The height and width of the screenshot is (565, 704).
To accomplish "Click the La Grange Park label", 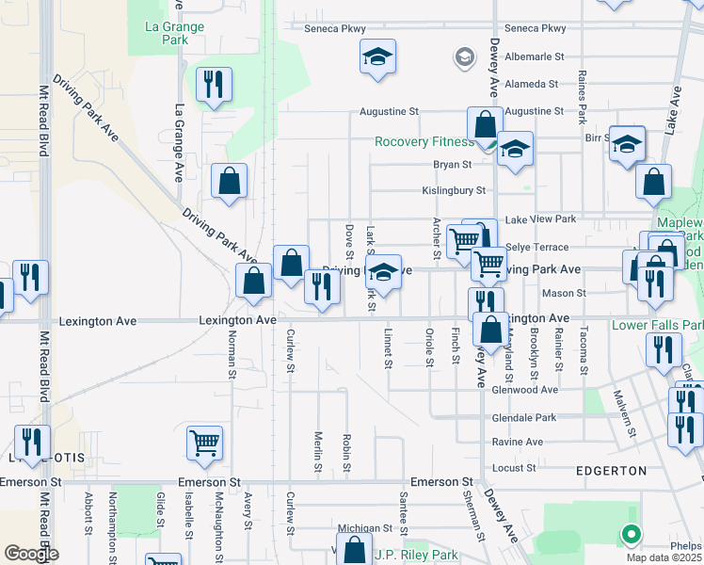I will [174, 33].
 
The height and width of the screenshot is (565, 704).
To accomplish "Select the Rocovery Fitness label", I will [424, 142].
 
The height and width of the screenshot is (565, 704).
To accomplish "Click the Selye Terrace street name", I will [536, 247].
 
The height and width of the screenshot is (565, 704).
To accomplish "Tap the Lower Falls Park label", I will [657, 325].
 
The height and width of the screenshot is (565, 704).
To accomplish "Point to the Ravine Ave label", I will [517, 442].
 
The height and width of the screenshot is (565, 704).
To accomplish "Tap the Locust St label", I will [513, 467].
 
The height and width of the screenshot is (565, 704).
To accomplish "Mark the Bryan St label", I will [452, 164].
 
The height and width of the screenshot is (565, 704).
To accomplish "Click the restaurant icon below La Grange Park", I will [215, 85].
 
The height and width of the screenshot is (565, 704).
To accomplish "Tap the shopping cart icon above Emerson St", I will [204, 441].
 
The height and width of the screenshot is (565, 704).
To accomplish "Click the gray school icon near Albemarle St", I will [464, 58].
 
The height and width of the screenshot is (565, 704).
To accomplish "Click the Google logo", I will [31, 554].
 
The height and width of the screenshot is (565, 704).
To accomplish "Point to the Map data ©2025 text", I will [664, 557].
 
